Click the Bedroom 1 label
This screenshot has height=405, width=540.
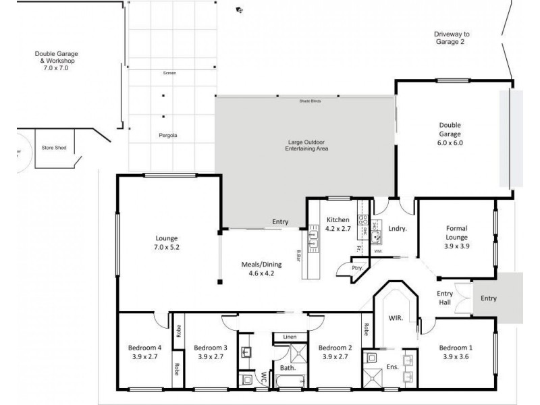pos(457,352)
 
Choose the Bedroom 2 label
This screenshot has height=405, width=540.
pos(335,352)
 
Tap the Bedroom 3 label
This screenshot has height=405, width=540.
pos(210,352)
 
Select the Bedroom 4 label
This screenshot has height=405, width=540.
pos(144,352)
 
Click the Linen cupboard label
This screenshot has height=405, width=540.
pos(290,336)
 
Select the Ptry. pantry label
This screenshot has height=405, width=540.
pos(358,268)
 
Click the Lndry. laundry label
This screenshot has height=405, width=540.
pos(398,229)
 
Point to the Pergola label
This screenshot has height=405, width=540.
pos(168,135)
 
